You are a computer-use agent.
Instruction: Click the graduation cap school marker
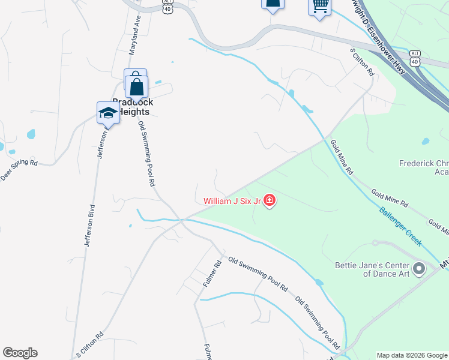(108, 113)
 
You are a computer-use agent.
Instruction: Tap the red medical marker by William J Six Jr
(270, 200)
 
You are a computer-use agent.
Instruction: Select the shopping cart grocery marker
(320, 6)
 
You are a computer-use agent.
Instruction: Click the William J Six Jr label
(232, 202)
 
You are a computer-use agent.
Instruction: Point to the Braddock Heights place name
(133, 107)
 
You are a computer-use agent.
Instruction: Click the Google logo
(20, 353)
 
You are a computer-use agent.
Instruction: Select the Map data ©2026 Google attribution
(412, 355)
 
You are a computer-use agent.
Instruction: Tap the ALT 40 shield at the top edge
(167, 5)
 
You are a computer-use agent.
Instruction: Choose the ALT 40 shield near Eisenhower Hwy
(415, 58)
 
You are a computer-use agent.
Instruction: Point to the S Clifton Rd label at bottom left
(89, 344)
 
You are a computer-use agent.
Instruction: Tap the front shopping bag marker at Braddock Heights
(137, 88)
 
